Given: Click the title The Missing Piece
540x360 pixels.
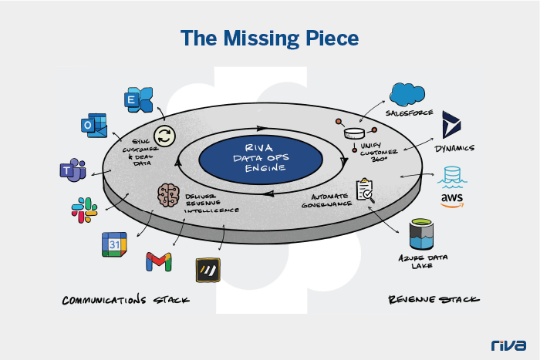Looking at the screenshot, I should [269, 37].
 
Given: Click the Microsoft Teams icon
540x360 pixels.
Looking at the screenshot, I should [72, 171].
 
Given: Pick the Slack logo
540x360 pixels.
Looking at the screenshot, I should [85, 209].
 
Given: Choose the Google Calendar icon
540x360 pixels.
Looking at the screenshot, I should [114, 244].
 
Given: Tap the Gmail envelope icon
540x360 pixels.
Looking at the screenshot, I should [158, 261].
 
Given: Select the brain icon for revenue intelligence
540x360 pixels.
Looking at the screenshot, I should [169, 193].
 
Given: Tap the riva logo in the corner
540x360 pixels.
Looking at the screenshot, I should [508, 345].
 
